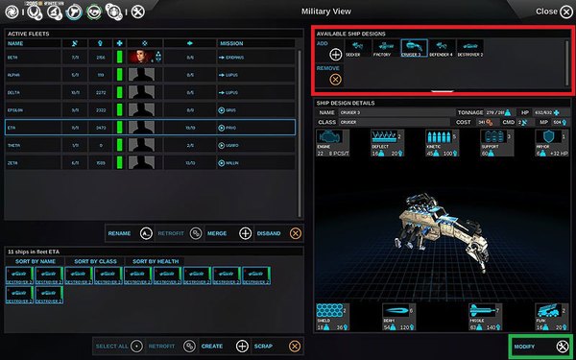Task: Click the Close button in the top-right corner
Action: tap(551, 11)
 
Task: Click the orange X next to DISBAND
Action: tap(295, 233)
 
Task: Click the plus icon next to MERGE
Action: tap(246, 233)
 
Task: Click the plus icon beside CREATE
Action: tap(242, 345)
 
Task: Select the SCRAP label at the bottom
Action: tap(264, 345)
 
